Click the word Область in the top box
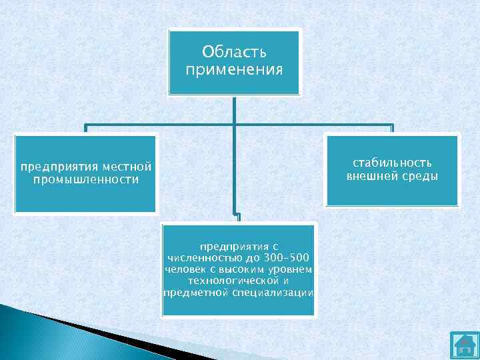tap(234, 52)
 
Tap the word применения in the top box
tap(234, 69)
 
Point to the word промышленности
tap(87, 180)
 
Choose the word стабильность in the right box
tap(392, 163)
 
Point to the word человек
tap(185, 269)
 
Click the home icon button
tap(464, 345)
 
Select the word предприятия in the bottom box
tap(238, 246)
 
